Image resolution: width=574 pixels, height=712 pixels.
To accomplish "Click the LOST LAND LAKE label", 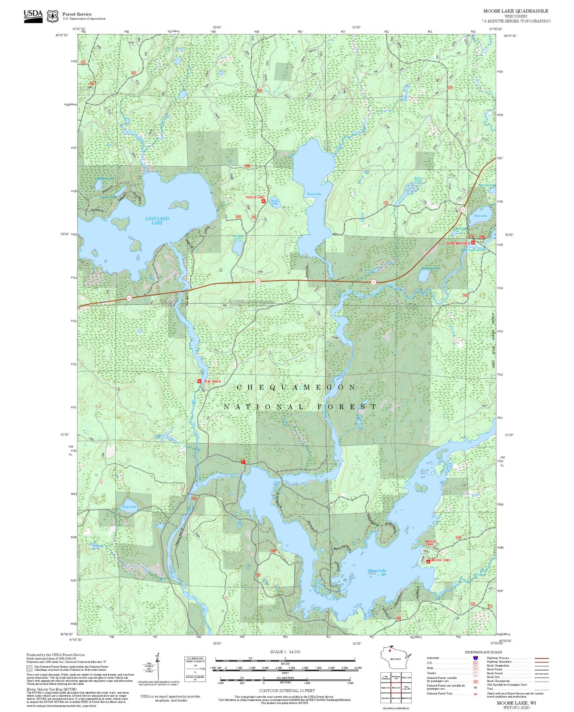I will [x=157, y=221].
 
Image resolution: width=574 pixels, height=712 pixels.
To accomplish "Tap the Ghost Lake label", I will [x=313, y=194].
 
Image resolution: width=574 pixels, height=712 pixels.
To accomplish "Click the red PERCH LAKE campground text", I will [x=255, y=197].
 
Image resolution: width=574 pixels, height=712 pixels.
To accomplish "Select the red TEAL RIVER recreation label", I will [x=212, y=381].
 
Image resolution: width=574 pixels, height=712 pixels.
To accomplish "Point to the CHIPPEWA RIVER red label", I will [x=457, y=243].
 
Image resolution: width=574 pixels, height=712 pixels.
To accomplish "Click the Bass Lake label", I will [x=480, y=216].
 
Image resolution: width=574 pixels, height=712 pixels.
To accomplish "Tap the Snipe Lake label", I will [x=129, y=507].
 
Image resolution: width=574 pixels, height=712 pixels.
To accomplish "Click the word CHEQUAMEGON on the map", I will [x=296, y=387].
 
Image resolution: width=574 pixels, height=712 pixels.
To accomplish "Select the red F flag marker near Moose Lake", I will [x=243, y=462].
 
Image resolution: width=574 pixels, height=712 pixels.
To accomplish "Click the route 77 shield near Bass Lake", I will [x=462, y=209].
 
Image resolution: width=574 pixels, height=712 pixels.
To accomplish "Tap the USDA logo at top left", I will [x=33, y=16].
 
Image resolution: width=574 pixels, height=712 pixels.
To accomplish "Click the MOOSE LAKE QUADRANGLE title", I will [x=516, y=11].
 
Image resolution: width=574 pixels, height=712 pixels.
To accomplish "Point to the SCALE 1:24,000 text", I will [x=285, y=652].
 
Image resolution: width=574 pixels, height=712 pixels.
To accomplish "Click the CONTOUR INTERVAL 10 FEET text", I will [x=285, y=691].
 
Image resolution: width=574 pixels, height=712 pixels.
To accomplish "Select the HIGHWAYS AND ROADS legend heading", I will [x=483, y=652].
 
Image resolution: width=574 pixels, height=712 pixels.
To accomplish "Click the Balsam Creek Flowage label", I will [x=419, y=181].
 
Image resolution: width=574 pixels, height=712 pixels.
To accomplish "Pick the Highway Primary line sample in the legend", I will [x=541, y=658].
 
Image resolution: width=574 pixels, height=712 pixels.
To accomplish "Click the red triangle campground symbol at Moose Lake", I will [x=428, y=562].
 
